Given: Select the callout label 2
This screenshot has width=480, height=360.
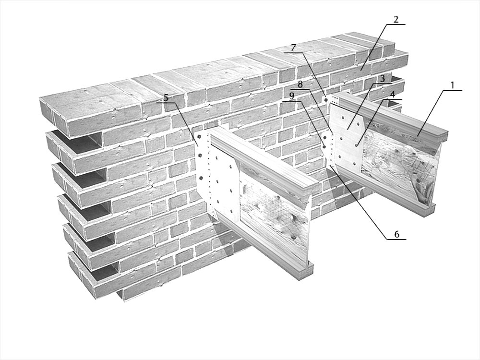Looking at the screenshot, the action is point(396,20).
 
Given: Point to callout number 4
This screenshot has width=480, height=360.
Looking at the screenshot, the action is point(393,95).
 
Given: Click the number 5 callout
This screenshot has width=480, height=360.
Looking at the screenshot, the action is point(166,98).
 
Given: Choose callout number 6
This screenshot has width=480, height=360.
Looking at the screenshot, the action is point(397,235).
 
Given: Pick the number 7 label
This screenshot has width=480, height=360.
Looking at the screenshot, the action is point(294,48).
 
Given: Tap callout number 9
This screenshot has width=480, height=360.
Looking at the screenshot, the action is point(292,96).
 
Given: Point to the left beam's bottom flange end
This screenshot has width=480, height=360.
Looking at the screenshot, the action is point(305,271).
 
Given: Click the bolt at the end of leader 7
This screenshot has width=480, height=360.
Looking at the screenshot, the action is point(326,100).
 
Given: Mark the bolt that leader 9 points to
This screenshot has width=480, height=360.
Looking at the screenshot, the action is point(324,147).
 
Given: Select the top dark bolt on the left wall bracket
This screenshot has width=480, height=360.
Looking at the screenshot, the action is point(199,136).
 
